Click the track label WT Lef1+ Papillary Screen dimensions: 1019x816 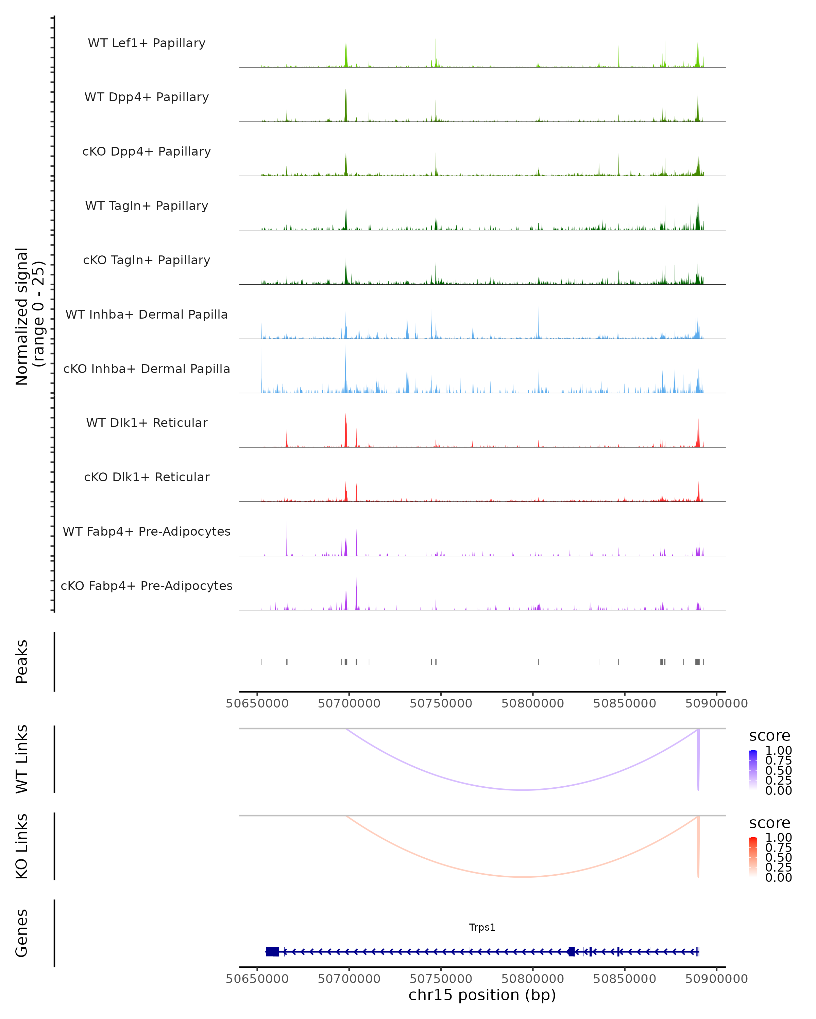[147, 43]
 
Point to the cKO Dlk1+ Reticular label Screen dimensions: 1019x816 [147, 477]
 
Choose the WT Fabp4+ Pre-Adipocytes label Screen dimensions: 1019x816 [147, 531]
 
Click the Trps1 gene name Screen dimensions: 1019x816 [482, 927]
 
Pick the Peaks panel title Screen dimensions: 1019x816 [22, 662]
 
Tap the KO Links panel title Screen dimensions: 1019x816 [22, 846]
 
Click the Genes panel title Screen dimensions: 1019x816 [22, 933]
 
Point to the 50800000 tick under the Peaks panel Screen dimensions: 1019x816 [533, 703]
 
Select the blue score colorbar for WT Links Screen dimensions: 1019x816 [753, 770]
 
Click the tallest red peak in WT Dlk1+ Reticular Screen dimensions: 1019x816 [346, 428]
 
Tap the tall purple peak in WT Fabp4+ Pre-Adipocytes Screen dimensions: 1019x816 [287, 539]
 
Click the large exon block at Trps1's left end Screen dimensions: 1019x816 [272, 952]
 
